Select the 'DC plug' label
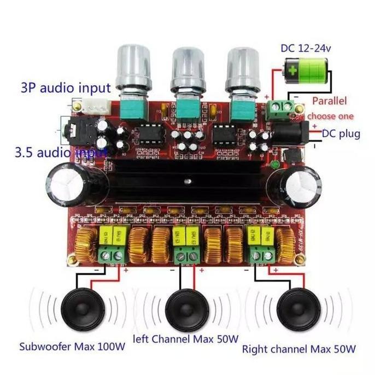point(341,133)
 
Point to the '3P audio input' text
point(66,87)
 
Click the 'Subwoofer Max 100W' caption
point(72,346)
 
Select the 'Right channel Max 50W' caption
point(299,348)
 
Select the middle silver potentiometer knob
point(188,68)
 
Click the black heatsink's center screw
point(187,180)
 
